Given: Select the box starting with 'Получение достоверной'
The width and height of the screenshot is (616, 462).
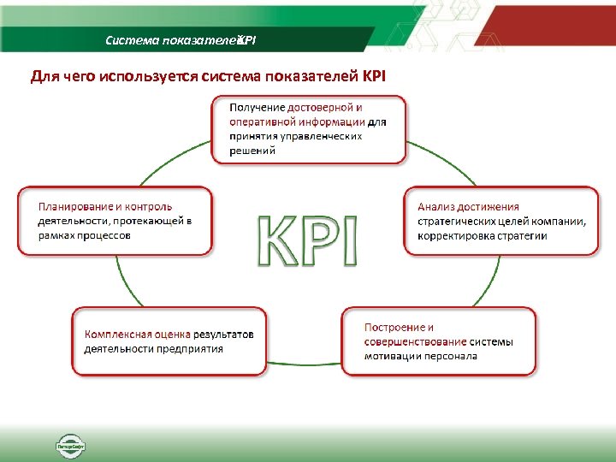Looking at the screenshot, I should tap(309, 129).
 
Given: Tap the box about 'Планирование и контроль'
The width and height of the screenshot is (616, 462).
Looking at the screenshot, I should tap(115, 221).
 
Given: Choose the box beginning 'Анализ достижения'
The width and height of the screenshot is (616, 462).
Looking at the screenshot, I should tap(501, 221).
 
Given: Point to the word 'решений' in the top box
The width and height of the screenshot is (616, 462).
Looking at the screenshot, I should tap(252, 150).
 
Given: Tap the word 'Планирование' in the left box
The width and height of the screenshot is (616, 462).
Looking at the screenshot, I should tap(74, 206).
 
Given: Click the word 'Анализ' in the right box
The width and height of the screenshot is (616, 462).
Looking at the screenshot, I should tap(436, 206).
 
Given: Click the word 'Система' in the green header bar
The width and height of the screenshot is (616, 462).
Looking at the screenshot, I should tap(127, 40).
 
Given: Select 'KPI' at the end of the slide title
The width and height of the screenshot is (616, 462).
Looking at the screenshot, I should tap(375, 77).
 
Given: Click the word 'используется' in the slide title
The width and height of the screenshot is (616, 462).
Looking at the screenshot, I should tap(158, 77).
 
